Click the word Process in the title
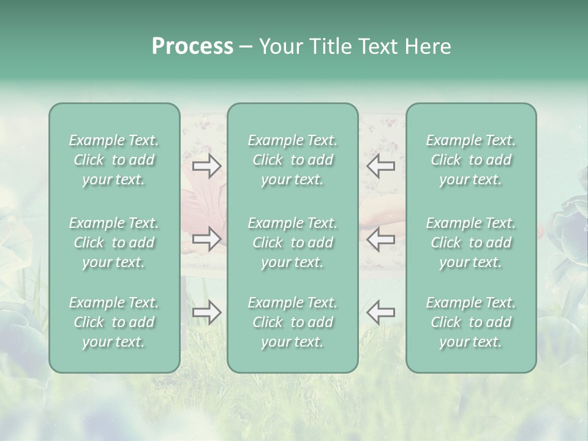pos(192,47)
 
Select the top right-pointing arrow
pos(207,166)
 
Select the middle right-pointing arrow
pos(207,239)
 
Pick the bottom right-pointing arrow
pos(207,312)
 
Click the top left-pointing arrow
pos(381,166)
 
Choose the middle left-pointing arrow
pos(381,239)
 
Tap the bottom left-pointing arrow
pos(381,312)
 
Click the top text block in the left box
pos(114,160)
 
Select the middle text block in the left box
pos(114,243)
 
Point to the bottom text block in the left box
pos(114,322)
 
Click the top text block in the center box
pos(293,160)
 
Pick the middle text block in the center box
pos(293,243)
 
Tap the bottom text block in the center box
pos(293,322)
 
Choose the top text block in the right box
pos(471,160)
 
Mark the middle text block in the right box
pos(471,243)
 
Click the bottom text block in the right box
pos(471,322)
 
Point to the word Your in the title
pos(279,47)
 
